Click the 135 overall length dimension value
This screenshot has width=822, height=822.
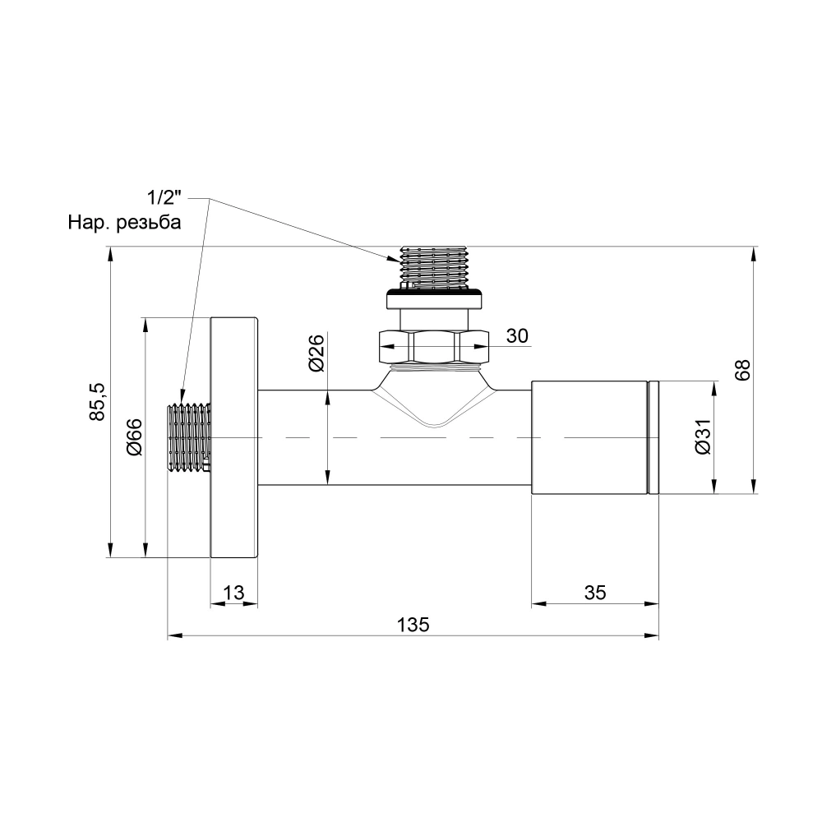point(413,624)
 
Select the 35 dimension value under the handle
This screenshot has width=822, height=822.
point(595,593)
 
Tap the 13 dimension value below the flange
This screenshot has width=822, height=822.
point(233,593)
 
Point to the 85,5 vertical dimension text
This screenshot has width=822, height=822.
point(98,401)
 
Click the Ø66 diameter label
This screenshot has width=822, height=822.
point(135,437)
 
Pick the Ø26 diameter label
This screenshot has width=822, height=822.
point(316,353)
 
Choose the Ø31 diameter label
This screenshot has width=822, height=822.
point(701,437)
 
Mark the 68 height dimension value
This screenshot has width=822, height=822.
point(743,369)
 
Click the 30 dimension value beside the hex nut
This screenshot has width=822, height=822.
point(516,335)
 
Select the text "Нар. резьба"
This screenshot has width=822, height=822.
point(124,222)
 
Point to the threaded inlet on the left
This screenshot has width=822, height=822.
point(189,438)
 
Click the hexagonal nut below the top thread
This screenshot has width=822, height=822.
point(433,346)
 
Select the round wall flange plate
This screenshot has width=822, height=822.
point(234,438)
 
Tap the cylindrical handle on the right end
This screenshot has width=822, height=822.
point(589,438)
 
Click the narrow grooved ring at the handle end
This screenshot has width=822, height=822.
point(653,438)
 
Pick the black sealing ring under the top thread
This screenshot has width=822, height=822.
point(433,289)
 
